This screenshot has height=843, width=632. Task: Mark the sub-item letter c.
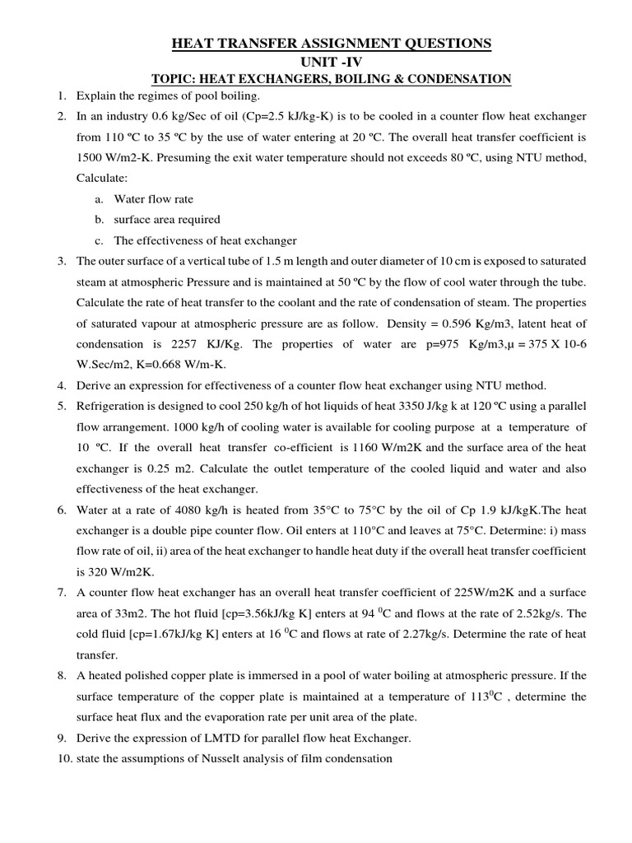coord(98,240)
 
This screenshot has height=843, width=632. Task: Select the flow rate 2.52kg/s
coord(539,613)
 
